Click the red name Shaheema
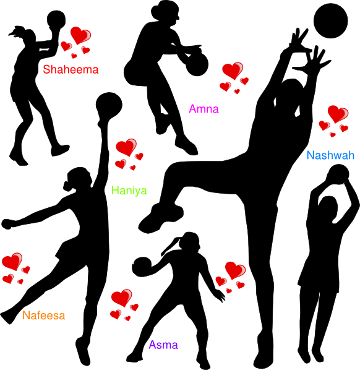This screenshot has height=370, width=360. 71,69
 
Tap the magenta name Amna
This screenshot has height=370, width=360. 204,109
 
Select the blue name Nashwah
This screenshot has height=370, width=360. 330,155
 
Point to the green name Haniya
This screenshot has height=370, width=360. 129,190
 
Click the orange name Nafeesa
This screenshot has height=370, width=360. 44,316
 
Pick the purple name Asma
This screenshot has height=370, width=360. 163,345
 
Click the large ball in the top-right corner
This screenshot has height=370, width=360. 330,21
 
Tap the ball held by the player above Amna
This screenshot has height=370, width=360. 197,64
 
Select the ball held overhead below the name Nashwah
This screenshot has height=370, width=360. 338,174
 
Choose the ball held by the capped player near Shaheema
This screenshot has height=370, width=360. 56,20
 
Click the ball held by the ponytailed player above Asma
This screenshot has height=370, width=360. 142,267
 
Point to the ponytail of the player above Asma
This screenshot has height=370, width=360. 170,246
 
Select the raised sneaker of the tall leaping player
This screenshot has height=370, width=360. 161,218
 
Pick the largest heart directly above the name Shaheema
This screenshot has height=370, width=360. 80,35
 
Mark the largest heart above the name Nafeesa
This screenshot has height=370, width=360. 12,261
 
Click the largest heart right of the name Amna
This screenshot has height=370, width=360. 233,71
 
